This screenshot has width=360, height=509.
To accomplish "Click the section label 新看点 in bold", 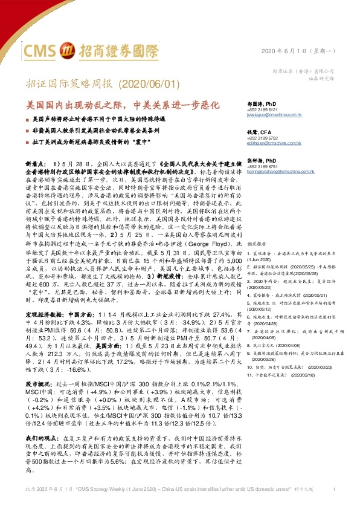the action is tap(36, 164).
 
